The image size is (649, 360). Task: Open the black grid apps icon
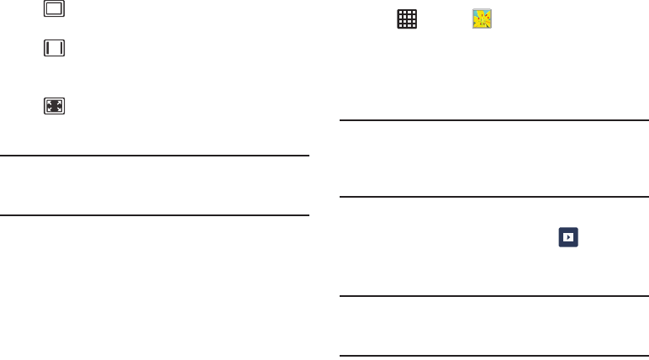[x=407, y=21]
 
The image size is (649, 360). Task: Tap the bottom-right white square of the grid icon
[x=413, y=27]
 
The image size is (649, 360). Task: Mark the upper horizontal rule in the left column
[x=156, y=155]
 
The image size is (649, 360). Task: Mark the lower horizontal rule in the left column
[x=156, y=215]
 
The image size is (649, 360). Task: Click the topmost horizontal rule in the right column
[x=494, y=120]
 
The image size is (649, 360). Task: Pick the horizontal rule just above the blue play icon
[x=494, y=198]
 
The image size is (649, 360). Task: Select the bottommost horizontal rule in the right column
[x=494, y=356]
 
